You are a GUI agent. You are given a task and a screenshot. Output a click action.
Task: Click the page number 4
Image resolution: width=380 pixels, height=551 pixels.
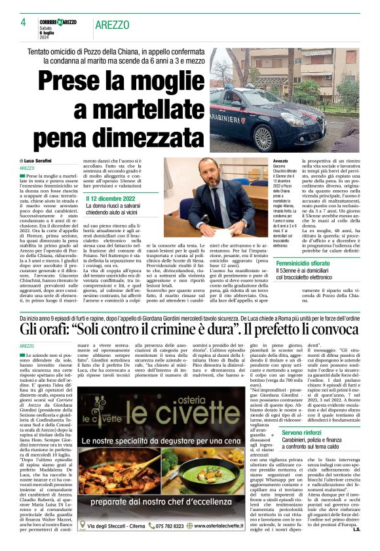(x=23, y=22)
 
